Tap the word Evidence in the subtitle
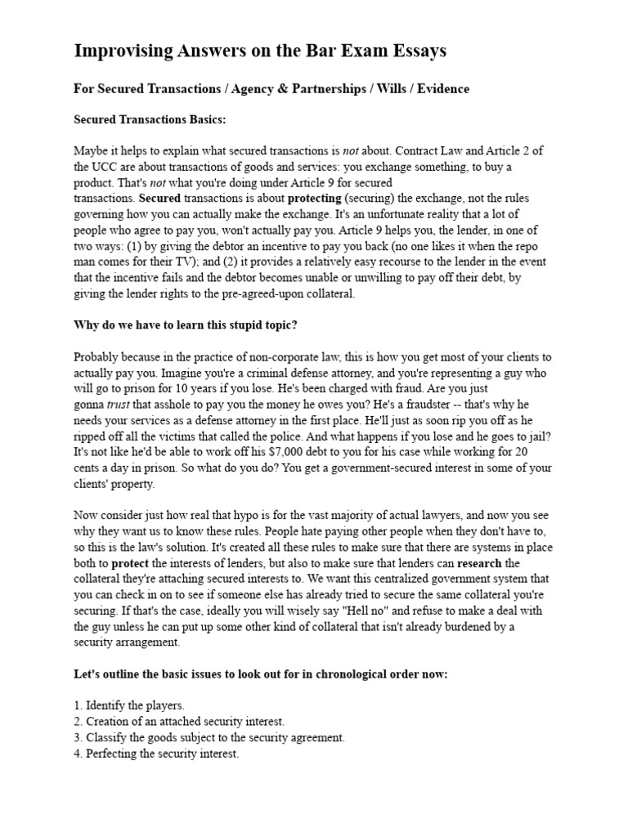coord(442,89)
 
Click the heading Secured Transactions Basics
coord(150,120)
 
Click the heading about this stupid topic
coord(186,325)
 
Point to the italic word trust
coord(120,404)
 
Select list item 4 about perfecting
coord(155,754)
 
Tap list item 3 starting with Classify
coord(209,738)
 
